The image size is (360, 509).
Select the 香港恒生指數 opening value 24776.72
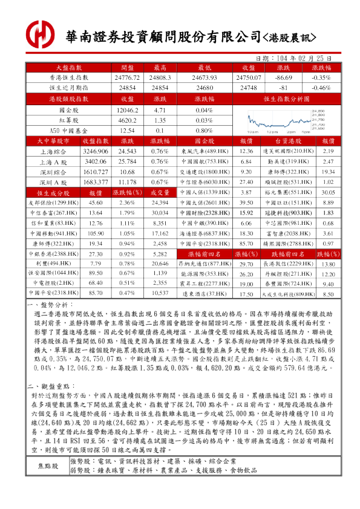pyautogui.click(x=127, y=78)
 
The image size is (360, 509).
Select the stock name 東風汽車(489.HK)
pyautogui.click(x=206, y=151)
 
